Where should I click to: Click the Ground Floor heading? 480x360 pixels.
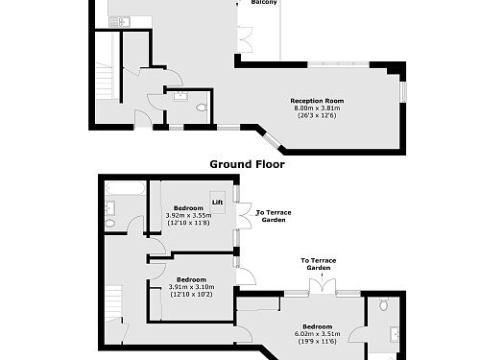243,164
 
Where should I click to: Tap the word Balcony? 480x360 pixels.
265,3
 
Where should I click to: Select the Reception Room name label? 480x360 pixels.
318,101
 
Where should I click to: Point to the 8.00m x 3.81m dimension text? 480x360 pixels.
318,108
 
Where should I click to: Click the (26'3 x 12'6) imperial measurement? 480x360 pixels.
318,116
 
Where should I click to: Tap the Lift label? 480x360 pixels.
217,202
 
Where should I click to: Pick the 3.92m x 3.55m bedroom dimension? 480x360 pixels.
188,216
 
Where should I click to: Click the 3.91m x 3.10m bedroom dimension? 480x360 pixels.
192,287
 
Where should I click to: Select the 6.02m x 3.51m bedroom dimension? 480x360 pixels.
318,333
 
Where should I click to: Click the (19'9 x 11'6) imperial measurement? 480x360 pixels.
318,341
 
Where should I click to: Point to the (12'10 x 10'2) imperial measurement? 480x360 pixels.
192,295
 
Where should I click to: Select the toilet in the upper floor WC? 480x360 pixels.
201,109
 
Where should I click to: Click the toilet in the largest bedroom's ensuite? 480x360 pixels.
384,306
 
